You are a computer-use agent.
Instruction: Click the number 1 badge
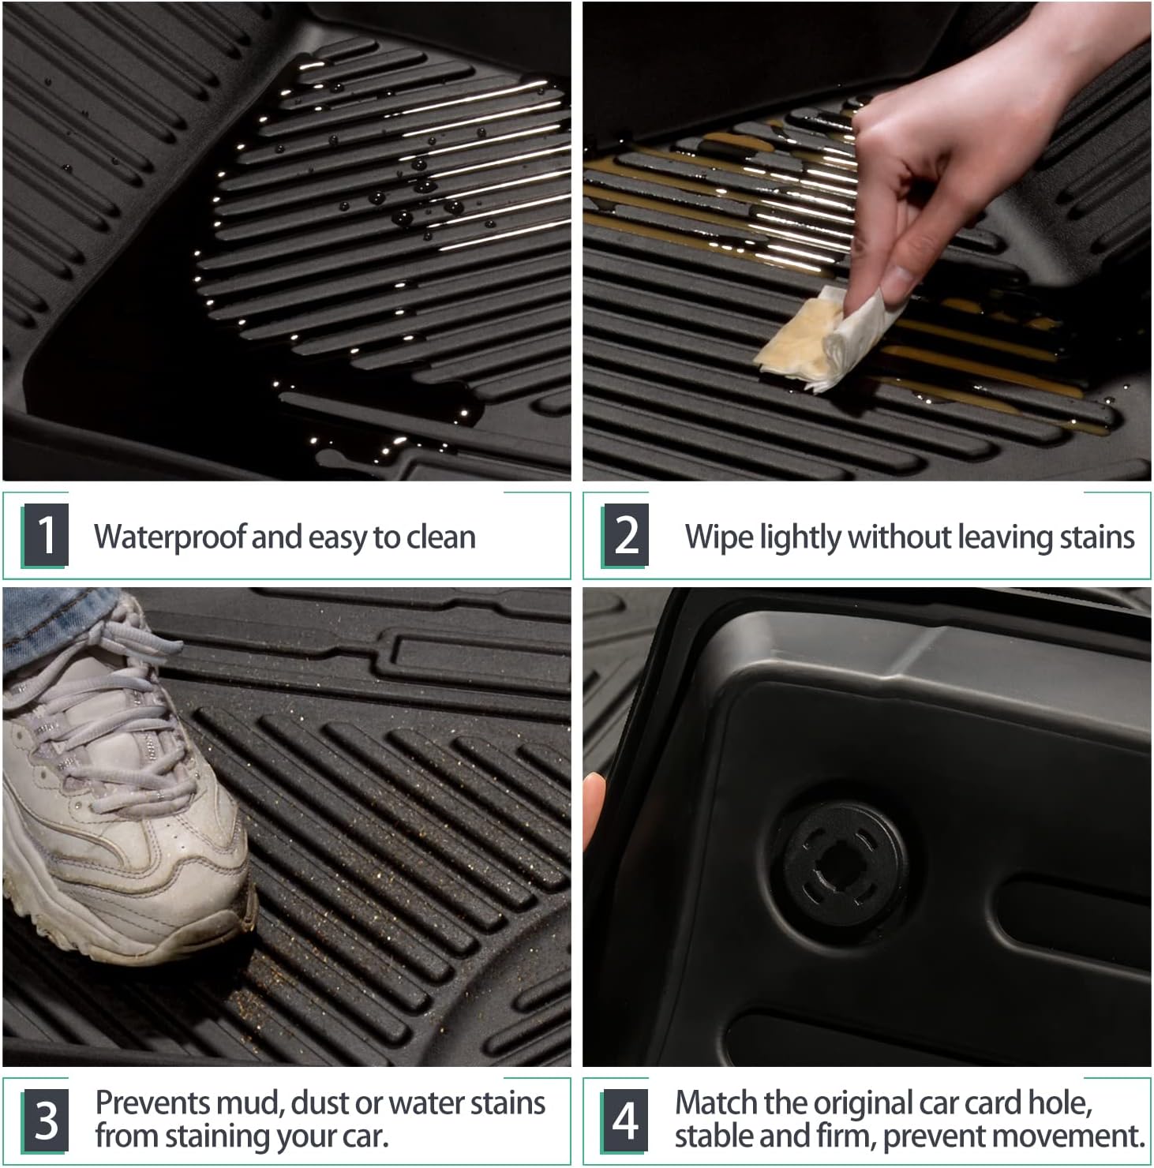tap(47, 536)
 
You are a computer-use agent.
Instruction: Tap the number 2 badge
tap(626, 536)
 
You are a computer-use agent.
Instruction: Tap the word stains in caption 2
tap(1097, 537)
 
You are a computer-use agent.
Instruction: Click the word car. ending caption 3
tap(363, 1136)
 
